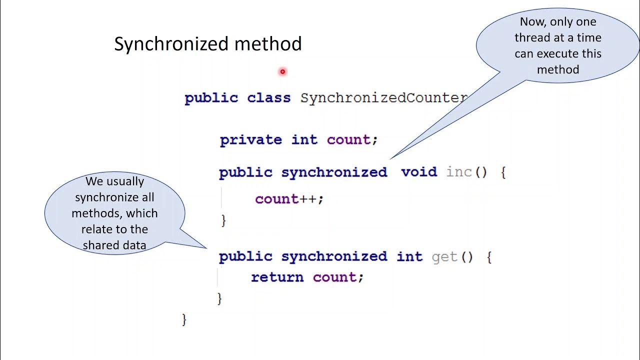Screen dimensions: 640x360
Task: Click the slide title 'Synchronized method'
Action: coord(207,44)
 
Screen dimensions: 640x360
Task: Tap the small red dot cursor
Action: coord(282,71)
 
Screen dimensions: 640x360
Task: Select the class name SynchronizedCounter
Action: coord(383,97)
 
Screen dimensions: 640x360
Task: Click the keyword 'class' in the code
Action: coord(268,97)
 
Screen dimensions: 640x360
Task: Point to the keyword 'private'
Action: coord(250,139)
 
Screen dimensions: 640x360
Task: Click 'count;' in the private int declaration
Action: coord(352,139)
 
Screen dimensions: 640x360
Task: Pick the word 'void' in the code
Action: coord(419,172)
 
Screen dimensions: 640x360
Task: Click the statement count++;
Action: coord(289,199)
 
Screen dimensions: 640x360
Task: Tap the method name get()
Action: coord(451,256)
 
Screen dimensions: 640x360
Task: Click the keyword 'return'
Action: coord(277,277)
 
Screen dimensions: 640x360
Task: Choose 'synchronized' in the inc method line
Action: coord(334,172)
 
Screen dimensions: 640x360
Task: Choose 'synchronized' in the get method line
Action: coord(334,256)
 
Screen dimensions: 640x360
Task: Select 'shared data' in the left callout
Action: coord(114,245)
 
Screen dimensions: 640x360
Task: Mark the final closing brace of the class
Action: coord(184,319)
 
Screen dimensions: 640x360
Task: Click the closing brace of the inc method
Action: coord(223,220)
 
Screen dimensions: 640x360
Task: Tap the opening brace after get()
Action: coord(488,257)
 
